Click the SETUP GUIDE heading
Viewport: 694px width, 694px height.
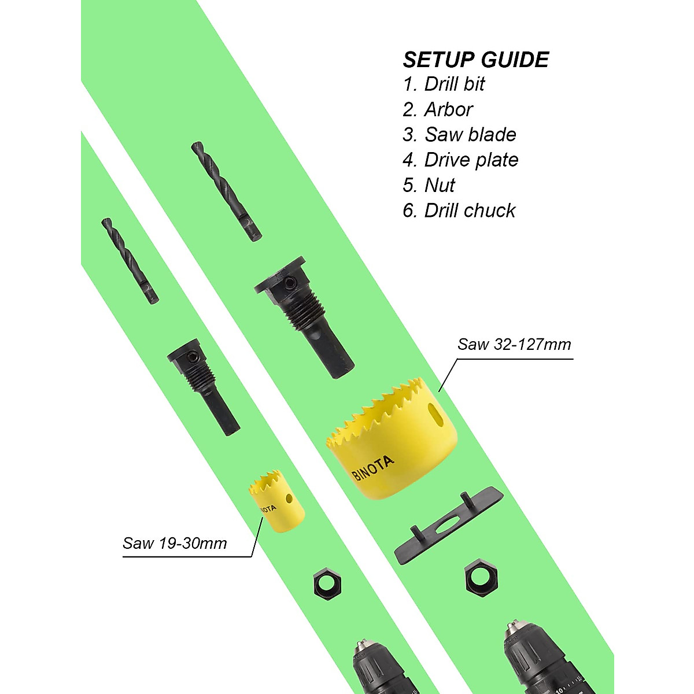(x=475, y=60)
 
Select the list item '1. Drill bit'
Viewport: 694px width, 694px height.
(x=444, y=84)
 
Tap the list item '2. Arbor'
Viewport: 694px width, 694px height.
(x=438, y=109)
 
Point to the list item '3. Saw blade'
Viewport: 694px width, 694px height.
(x=459, y=135)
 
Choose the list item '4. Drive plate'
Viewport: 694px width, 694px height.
(x=460, y=160)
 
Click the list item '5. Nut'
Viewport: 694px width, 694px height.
(x=429, y=185)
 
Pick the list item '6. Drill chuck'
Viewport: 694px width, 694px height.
(x=459, y=211)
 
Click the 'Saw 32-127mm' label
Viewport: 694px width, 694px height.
(x=514, y=345)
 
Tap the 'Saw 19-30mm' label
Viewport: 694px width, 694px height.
(x=175, y=544)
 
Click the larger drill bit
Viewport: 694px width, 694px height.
(x=226, y=191)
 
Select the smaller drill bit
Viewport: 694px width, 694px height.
(x=130, y=260)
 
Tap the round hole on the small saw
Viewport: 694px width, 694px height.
(x=287, y=498)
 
